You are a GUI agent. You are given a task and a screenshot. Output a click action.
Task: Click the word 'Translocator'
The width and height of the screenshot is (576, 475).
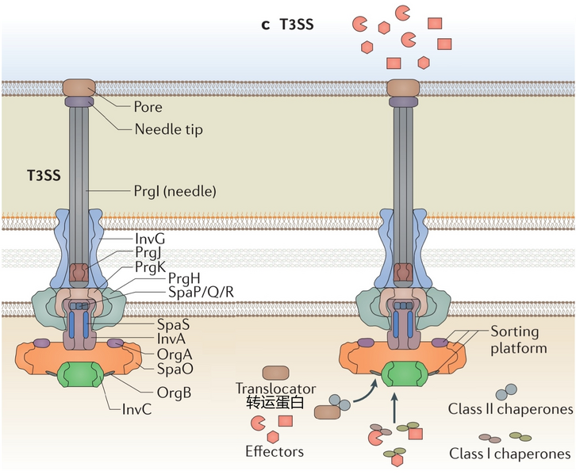275,389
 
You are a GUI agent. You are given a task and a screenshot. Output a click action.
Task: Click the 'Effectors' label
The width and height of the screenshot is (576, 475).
275,452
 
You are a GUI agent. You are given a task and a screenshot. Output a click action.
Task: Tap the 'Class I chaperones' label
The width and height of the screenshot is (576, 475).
509,454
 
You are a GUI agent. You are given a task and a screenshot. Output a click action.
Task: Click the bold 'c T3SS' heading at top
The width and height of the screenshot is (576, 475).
287,25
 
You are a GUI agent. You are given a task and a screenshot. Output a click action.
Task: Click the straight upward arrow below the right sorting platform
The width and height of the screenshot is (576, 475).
394,408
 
